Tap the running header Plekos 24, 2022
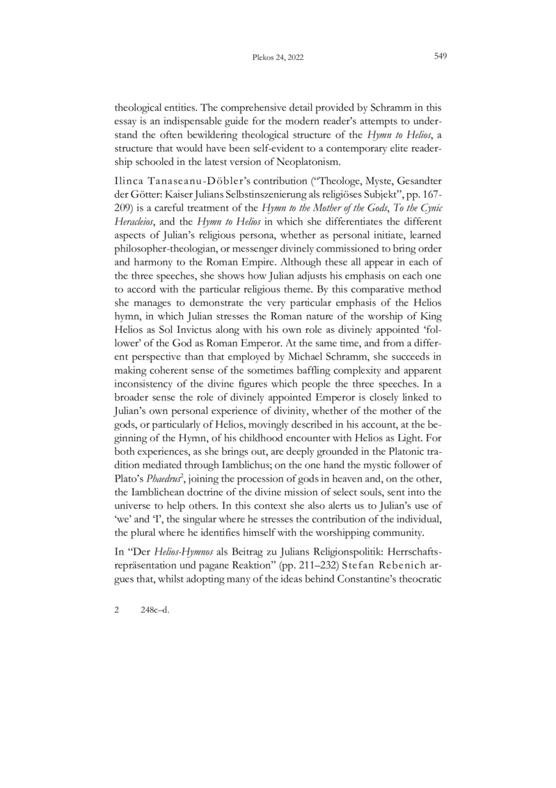pos(278,59)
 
